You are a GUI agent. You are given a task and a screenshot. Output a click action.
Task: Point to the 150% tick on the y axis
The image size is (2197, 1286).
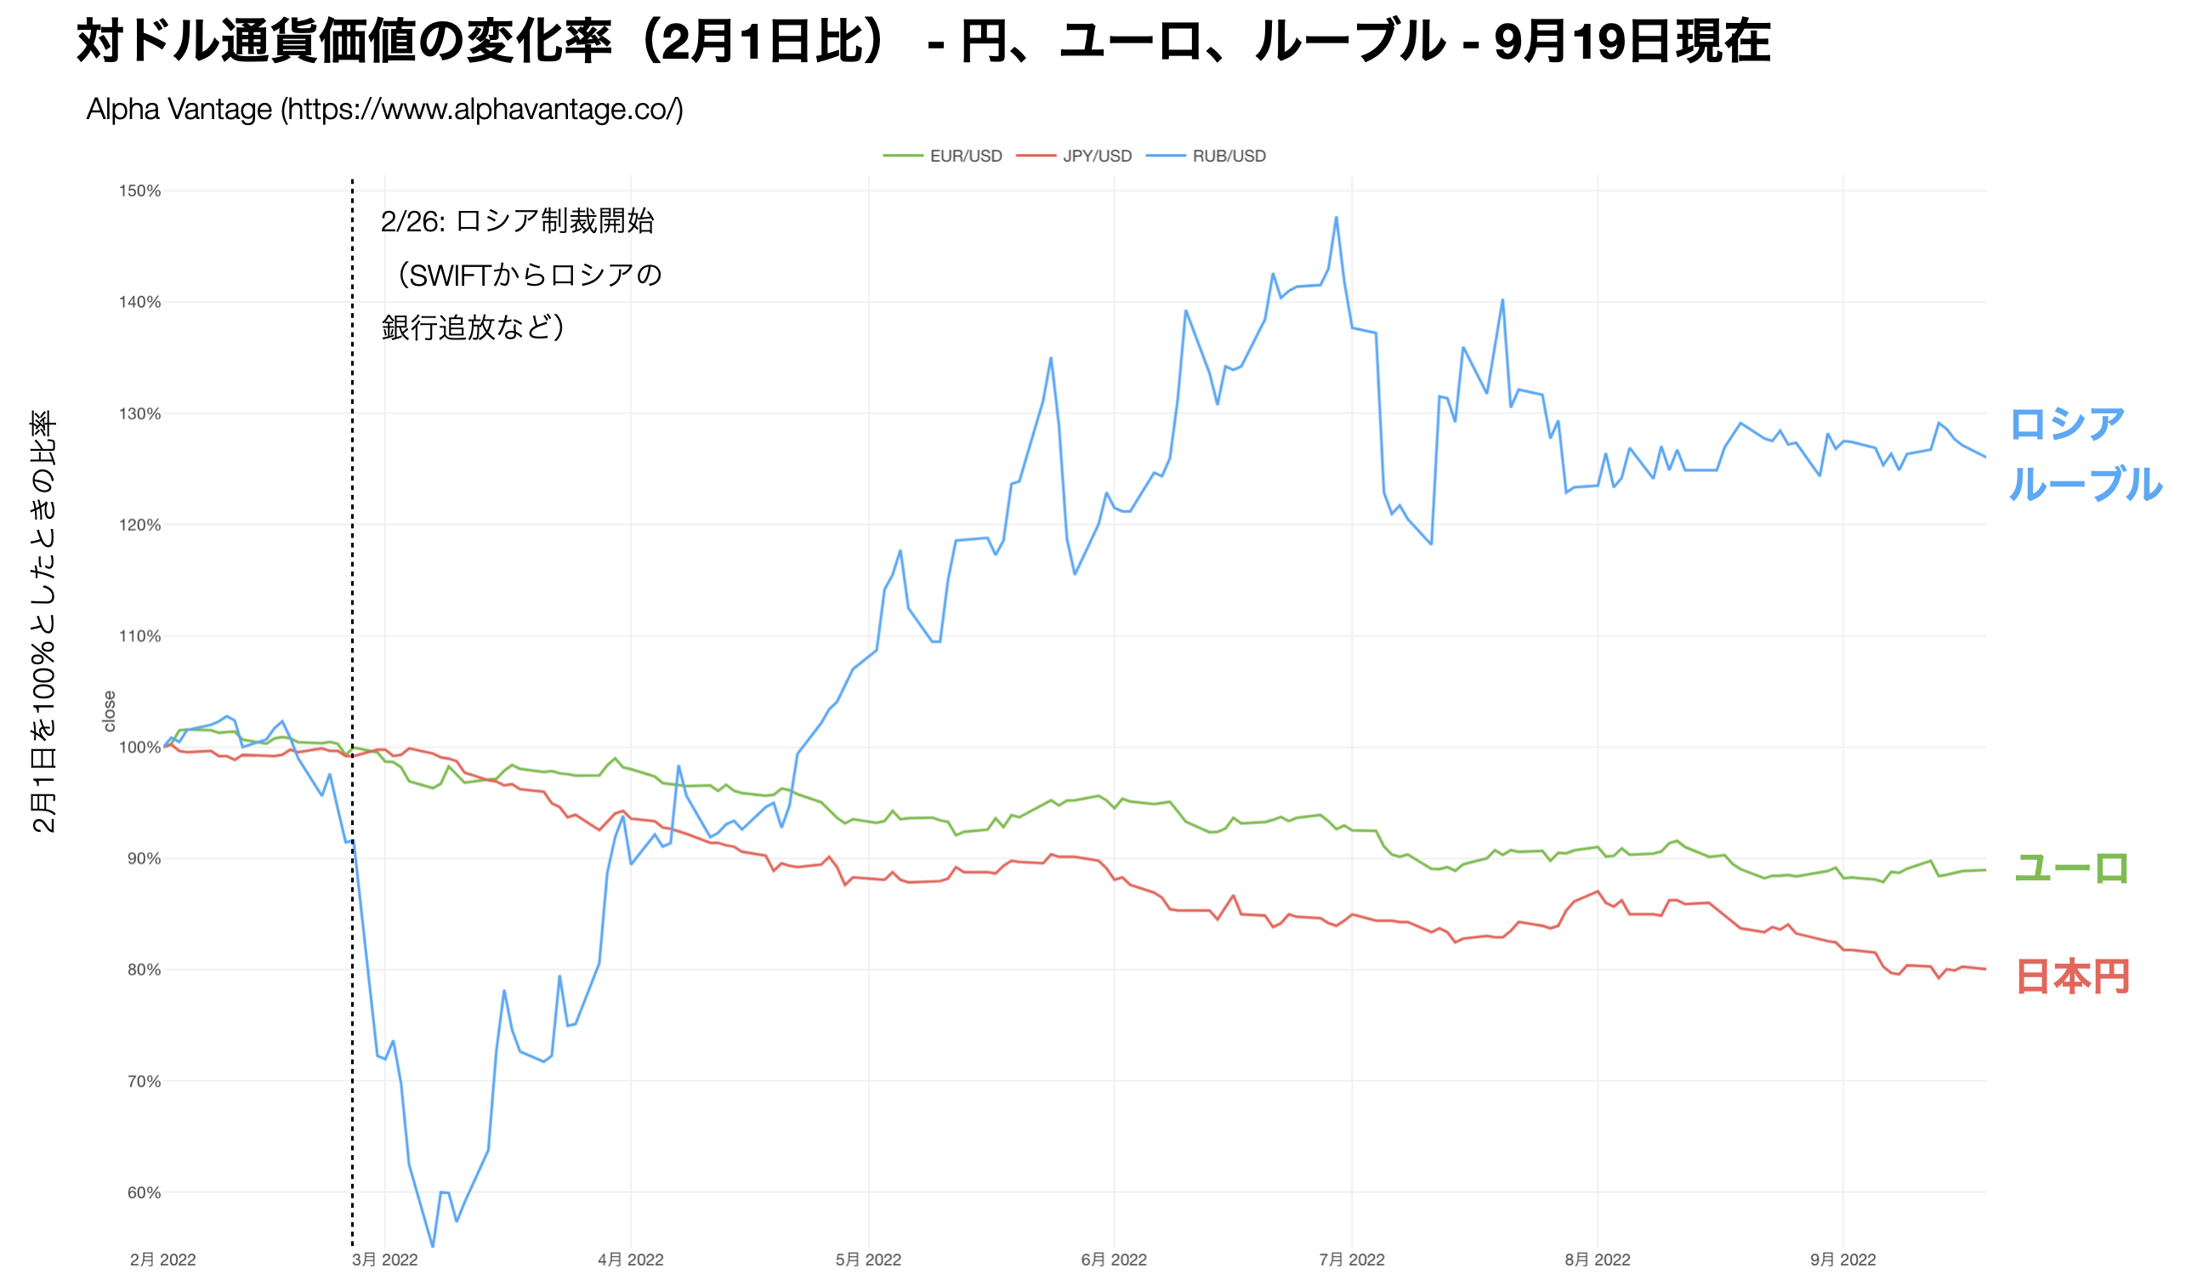(x=139, y=191)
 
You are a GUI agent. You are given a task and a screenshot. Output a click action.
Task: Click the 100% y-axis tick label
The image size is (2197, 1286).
(x=139, y=747)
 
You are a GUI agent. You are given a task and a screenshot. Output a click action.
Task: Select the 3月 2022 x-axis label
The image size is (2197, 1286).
(x=384, y=1260)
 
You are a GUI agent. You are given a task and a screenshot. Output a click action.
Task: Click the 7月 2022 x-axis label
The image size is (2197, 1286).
(x=1351, y=1260)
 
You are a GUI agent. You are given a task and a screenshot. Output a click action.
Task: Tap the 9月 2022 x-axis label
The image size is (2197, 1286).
(x=1842, y=1260)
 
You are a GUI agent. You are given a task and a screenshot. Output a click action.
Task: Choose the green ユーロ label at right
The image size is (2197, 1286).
(x=2070, y=868)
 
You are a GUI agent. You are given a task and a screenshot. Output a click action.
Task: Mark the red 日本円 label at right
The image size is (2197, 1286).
(x=2072, y=976)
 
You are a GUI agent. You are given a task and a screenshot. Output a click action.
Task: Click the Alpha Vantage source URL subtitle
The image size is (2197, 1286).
(x=384, y=110)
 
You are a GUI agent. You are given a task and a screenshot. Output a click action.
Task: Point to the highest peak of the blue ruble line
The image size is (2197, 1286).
(x=1336, y=218)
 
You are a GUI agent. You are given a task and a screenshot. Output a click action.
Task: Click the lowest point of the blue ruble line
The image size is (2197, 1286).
(x=433, y=1246)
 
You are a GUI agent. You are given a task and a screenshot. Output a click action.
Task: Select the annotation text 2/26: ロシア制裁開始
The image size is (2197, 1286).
(x=517, y=221)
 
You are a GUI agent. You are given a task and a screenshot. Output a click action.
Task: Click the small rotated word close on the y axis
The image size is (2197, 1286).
(x=109, y=710)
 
